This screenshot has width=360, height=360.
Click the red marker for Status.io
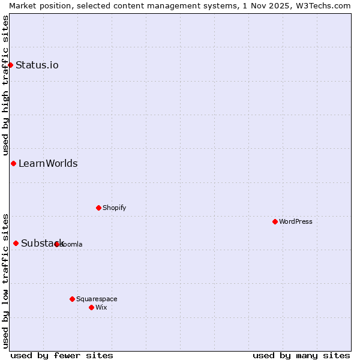pyautogui.click(x=11, y=65)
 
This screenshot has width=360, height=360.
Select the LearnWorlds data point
pyautogui.click(x=13, y=163)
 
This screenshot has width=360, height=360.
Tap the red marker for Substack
pyautogui.click(x=16, y=243)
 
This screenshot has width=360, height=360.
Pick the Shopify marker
pyautogui.click(x=98, y=208)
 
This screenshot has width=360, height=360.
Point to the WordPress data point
pyautogui.click(x=275, y=221)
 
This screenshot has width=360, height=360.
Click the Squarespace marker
pyautogui.click(x=72, y=299)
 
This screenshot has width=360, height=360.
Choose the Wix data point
pyautogui.click(x=91, y=307)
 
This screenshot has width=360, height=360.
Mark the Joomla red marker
pyautogui.click(x=57, y=244)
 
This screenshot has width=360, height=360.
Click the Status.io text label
pyautogui.click(x=37, y=65)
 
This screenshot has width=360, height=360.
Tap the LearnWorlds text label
pyautogui.click(x=48, y=163)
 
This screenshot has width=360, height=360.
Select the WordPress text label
pyautogui.click(x=296, y=221)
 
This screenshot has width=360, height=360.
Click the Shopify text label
pyautogui.click(x=114, y=208)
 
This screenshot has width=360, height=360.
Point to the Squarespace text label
pyautogui.click(x=97, y=299)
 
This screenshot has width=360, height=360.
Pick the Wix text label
pyautogui.click(x=101, y=307)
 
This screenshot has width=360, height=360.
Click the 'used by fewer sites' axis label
pyautogui.click(x=62, y=355)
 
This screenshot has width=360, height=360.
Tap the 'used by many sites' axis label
pyautogui.click(x=301, y=355)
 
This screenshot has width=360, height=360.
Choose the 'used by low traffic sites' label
pyautogui.click(x=5, y=281)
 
